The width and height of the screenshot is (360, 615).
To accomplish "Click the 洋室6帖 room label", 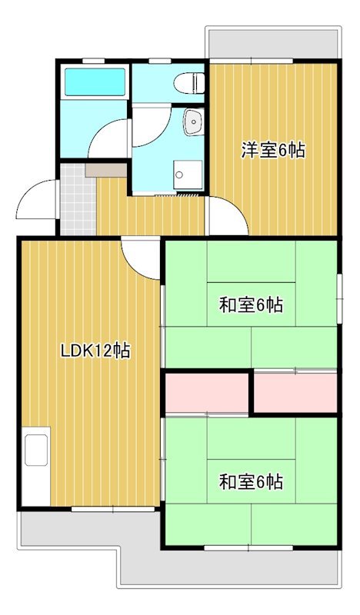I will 273,150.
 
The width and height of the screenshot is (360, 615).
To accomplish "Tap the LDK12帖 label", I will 95,351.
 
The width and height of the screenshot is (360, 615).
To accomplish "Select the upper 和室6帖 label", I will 251,305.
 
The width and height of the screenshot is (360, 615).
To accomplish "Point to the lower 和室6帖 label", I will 251,482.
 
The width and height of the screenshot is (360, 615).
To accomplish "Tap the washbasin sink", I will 192,121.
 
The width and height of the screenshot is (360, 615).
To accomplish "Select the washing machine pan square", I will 188,174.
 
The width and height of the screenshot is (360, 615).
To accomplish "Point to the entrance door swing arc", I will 37,199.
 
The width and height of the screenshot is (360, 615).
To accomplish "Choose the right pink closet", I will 295,392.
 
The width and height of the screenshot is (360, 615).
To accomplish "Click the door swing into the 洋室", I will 225,216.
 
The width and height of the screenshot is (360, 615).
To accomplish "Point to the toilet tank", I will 198,81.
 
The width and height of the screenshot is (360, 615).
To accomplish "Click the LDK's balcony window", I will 92,508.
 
